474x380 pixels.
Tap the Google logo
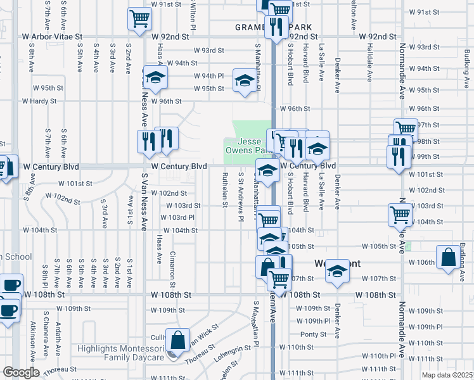click(x=21, y=372)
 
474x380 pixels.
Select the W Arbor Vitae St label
click(x=53, y=37)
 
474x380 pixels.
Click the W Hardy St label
click(x=39, y=101)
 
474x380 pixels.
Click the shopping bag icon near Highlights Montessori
click(x=178, y=339)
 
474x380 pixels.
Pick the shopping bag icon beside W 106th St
click(x=449, y=258)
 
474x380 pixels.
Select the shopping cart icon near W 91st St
click(x=139, y=18)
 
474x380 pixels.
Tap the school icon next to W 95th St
click(x=244, y=80)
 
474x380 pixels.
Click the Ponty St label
click(x=313, y=334)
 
